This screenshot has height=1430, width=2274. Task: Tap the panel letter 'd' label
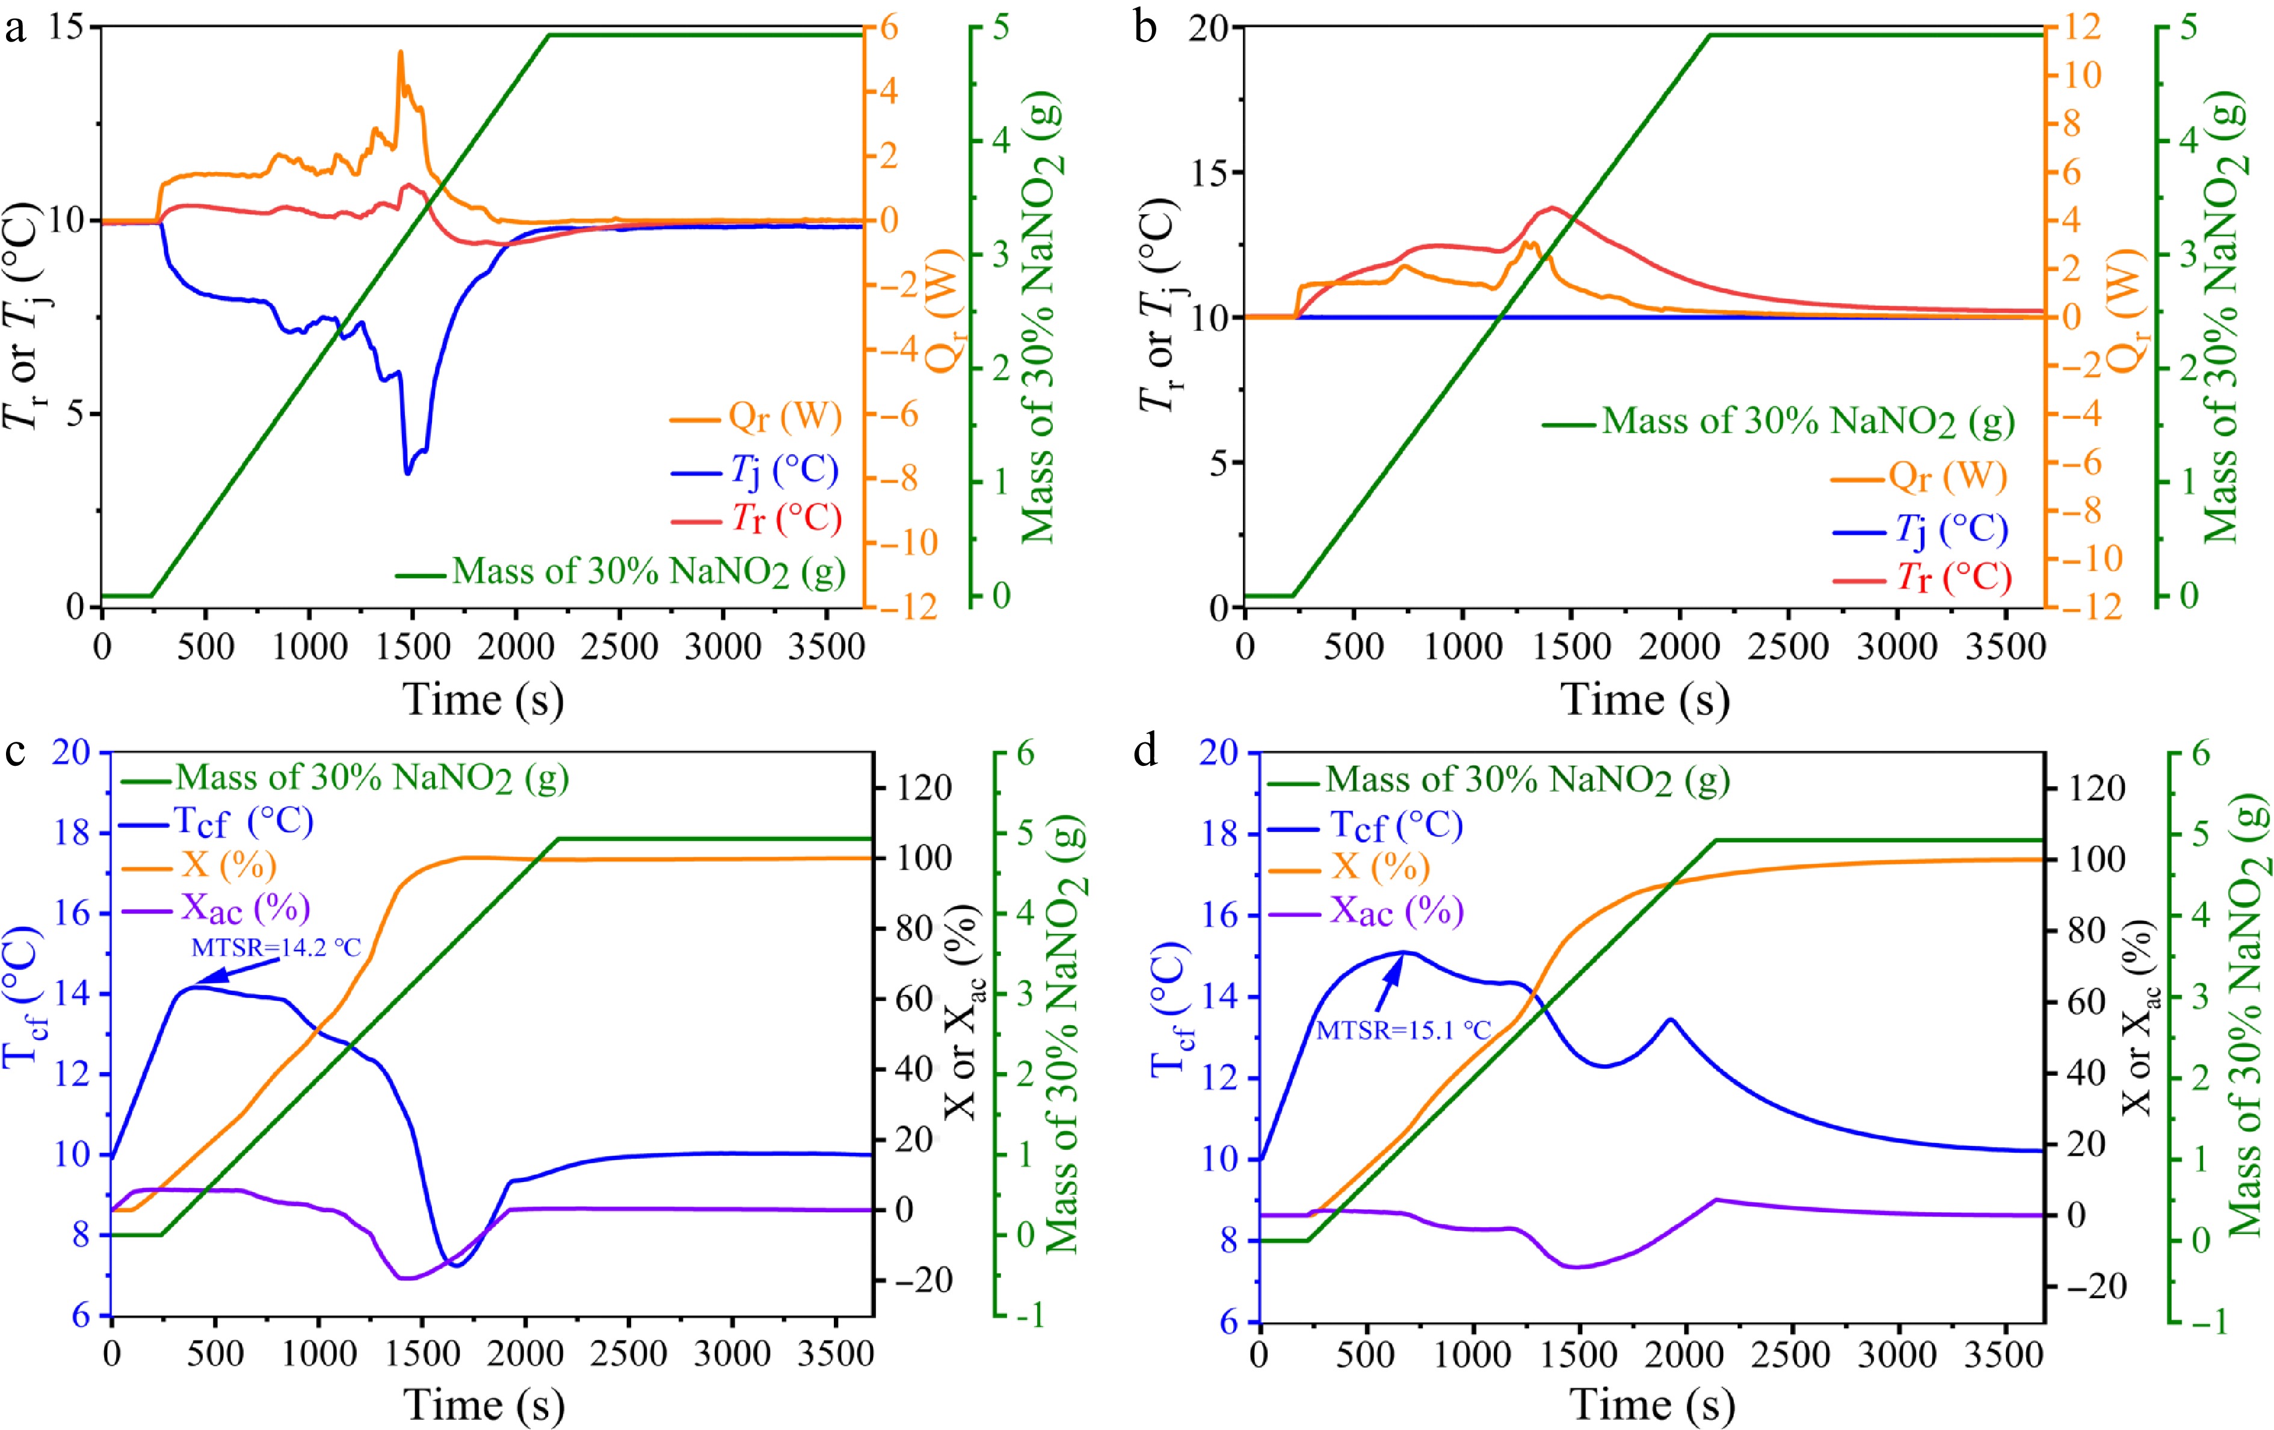tap(1145, 752)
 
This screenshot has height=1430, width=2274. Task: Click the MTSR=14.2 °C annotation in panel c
tap(276, 948)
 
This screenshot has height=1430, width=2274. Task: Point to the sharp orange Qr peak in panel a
tap(401, 53)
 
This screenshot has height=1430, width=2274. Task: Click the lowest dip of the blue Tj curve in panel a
tap(408, 472)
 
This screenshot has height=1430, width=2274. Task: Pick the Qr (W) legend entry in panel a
tap(756, 416)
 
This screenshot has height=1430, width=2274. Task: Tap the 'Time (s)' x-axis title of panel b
tap(1645, 700)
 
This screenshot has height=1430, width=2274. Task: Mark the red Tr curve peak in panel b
tap(1551, 208)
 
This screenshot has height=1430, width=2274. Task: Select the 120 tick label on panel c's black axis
tap(923, 787)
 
